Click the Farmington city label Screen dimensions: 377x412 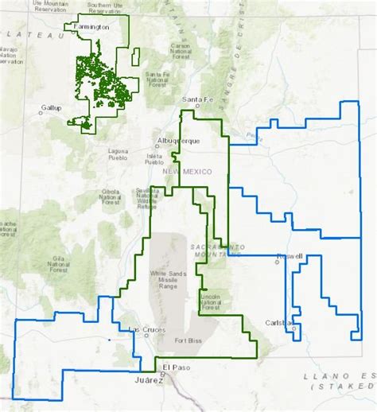tap(89, 26)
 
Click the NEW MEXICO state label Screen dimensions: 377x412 tap(185, 172)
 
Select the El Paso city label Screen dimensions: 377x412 tap(175, 366)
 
